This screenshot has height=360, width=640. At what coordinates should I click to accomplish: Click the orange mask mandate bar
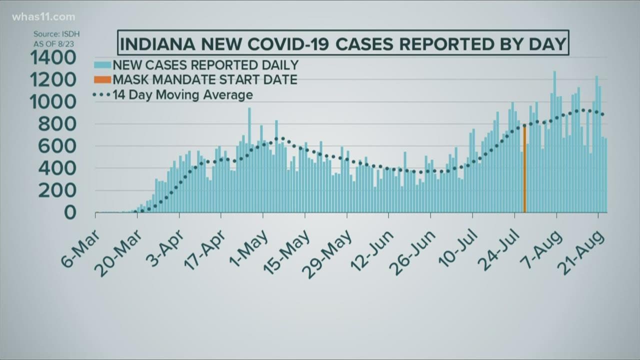524,170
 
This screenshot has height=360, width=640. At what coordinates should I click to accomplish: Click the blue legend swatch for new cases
102,65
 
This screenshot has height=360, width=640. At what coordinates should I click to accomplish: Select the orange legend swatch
102,79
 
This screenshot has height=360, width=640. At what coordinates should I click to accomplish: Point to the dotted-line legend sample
101,94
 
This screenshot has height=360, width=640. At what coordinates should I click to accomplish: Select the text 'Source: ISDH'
56,34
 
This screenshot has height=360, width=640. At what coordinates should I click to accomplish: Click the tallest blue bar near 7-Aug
554,142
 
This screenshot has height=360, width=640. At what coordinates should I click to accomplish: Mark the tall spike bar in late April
249,160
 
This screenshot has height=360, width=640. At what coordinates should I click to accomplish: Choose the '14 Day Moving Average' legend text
183,94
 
